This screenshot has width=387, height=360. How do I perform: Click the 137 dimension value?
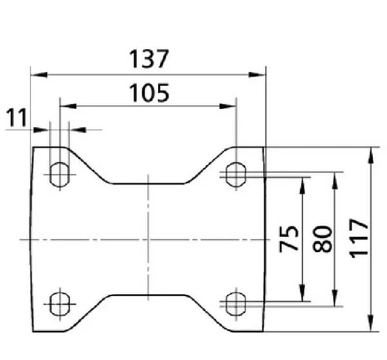[148, 59]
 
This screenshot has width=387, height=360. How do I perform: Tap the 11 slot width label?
[17, 118]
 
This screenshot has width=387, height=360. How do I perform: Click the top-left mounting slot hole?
[60, 172]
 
